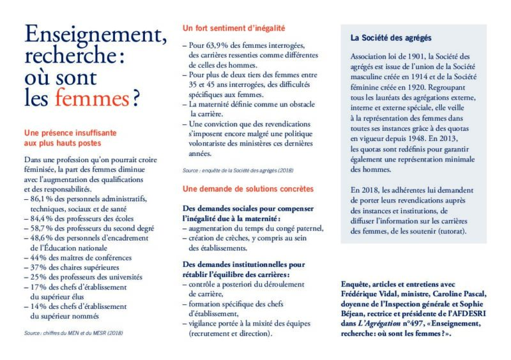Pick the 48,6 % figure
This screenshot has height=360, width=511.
[x=42, y=237]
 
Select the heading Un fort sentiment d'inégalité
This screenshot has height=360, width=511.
[x=233, y=29]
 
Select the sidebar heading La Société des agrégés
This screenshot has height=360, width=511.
[x=391, y=38]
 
